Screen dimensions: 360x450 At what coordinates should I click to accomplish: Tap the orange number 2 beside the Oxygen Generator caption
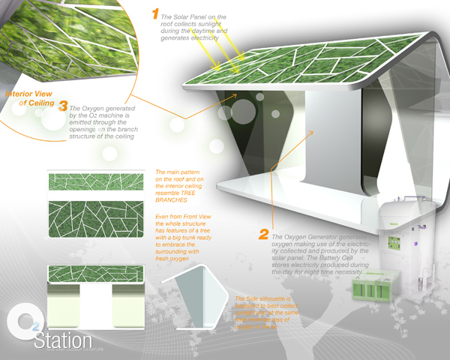[x=264, y=235]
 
